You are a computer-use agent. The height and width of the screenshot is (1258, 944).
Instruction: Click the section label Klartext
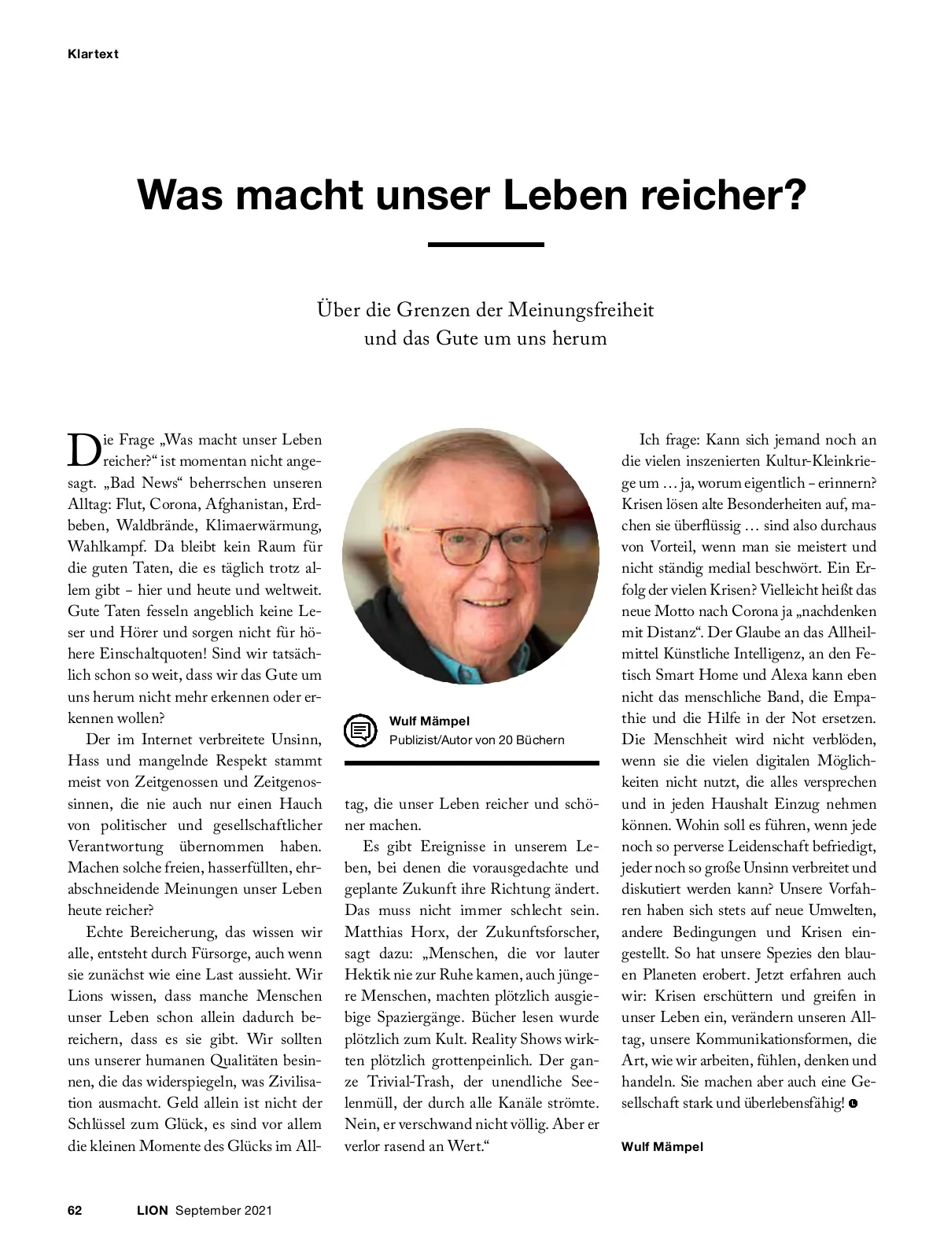point(93,54)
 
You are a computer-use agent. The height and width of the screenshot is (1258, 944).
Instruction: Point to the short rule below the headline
point(485,245)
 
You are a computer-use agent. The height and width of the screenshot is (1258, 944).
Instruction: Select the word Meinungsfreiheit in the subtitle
point(581,309)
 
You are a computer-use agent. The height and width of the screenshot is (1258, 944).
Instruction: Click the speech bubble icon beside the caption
point(360,730)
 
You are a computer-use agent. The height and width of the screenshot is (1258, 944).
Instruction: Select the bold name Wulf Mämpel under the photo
point(429,721)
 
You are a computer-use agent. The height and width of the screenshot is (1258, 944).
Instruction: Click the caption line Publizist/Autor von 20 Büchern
point(476,740)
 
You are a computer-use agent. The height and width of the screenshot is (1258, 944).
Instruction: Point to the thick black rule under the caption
point(471,762)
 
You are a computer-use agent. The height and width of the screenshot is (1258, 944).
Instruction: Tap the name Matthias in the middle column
point(374,932)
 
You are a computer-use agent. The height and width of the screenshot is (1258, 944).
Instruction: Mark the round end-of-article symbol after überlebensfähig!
point(854,1104)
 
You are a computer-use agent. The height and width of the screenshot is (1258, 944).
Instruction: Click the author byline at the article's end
point(662,1146)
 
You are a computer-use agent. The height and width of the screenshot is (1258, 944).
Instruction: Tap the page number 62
point(75,1210)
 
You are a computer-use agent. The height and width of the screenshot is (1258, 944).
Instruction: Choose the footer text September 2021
point(223,1210)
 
